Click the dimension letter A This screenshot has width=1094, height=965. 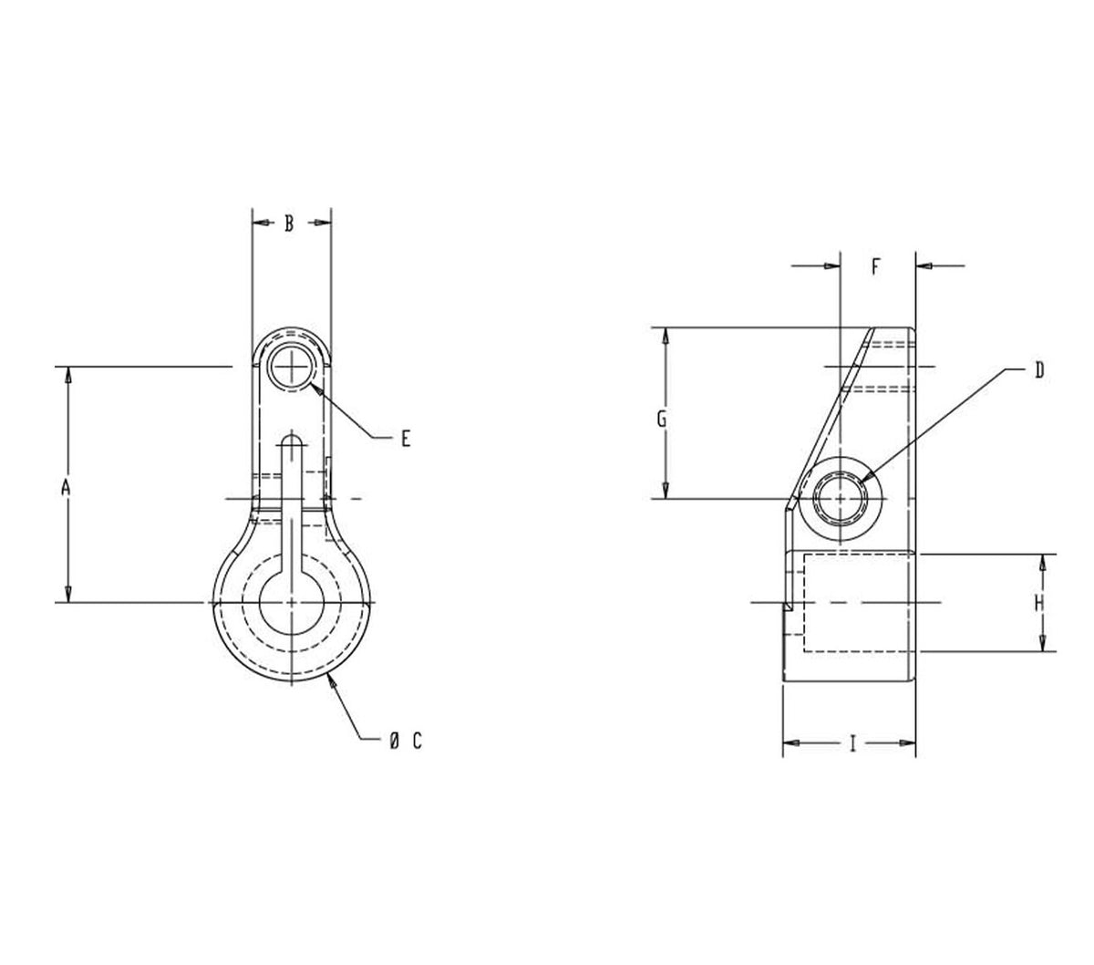tap(66, 487)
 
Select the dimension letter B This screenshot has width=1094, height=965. tap(289, 223)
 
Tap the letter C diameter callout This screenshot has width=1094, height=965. tap(417, 741)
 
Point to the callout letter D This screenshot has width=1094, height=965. tap(1039, 370)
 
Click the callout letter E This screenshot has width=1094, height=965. tap(406, 439)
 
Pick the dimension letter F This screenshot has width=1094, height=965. tap(875, 266)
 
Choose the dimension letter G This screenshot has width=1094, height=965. tap(662, 419)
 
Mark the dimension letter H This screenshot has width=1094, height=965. tap(1038, 603)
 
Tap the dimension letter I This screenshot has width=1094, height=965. tap(852, 743)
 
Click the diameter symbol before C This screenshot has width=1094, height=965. tap(394, 741)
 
